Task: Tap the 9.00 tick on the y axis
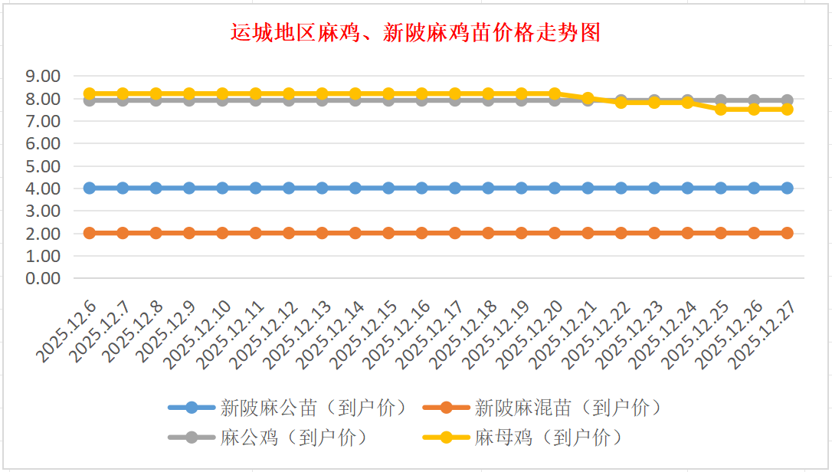43,77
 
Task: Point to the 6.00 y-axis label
43,143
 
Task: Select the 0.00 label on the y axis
43,278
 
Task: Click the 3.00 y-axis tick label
43,211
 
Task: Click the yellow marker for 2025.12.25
721,110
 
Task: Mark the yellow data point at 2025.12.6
90,93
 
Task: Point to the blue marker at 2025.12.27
787,188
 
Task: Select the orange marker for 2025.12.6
90,233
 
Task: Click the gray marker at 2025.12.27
787,100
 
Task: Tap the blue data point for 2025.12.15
388,188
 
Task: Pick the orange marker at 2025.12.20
555,233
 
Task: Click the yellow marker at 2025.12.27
787,110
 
